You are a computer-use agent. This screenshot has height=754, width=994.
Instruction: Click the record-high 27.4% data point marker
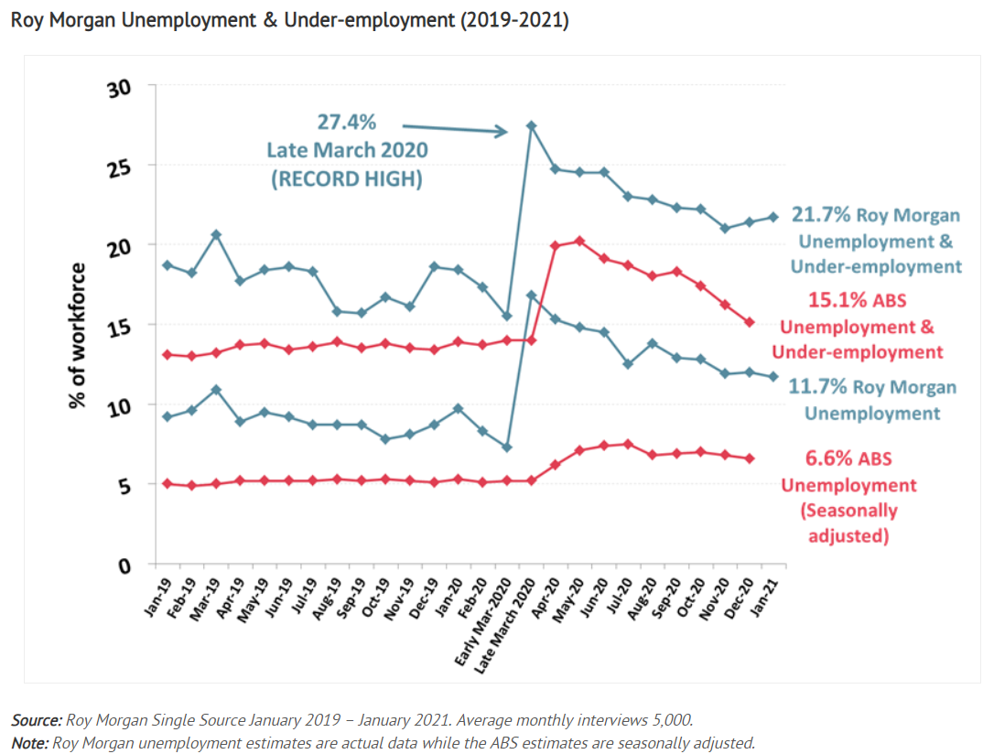[x=531, y=126]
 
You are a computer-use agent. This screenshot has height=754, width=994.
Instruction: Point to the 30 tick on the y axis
[x=120, y=88]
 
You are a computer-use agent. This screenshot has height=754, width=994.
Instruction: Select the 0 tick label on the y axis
[x=124, y=565]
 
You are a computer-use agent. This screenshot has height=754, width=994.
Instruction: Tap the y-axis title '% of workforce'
[x=77, y=336]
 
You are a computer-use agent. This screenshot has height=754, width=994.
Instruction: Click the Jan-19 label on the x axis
[x=158, y=597]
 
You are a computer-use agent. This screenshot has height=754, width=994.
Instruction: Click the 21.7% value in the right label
[x=820, y=215]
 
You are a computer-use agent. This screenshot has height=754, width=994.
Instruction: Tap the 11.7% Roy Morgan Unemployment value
[x=817, y=386]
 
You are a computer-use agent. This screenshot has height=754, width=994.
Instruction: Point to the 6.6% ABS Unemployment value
[x=825, y=458]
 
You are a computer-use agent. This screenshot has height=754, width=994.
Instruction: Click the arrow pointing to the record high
[x=455, y=129]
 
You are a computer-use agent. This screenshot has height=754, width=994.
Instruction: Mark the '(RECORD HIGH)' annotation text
[x=347, y=179]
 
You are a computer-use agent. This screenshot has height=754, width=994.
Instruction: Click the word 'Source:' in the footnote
[x=37, y=720]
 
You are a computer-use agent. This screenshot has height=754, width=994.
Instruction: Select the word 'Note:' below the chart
[x=30, y=743]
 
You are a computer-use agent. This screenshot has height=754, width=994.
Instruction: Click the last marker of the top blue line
[x=773, y=218]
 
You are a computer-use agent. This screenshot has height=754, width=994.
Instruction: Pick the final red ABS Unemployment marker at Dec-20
[x=750, y=458]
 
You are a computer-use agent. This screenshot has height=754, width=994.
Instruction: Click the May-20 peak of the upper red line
[x=579, y=242]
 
